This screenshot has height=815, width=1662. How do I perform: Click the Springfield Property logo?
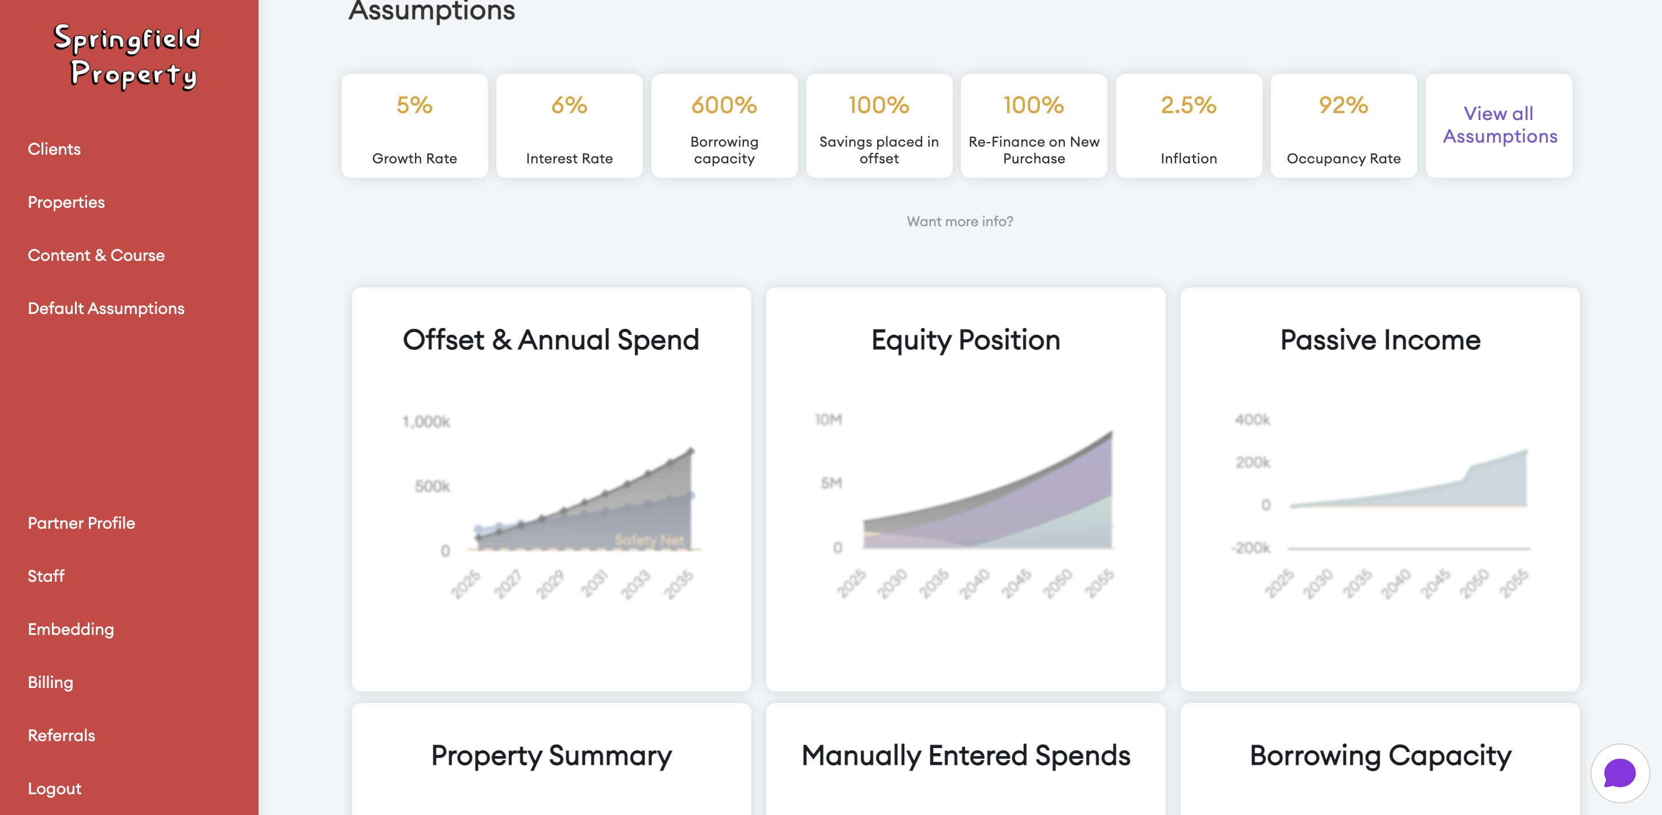(x=128, y=55)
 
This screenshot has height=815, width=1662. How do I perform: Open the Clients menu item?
(x=54, y=149)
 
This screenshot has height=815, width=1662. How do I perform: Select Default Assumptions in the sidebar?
(x=106, y=308)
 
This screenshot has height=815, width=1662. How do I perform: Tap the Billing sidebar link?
(x=50, y=682)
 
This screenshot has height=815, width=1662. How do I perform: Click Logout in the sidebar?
(x=54, y=788)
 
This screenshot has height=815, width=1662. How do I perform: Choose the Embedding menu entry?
(x=70, y=629)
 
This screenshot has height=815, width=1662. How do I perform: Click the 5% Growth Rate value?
(x=414, y=105)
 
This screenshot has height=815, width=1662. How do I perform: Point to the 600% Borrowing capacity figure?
(x=724, y=105)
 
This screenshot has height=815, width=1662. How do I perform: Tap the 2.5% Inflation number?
(x=1188, y=105)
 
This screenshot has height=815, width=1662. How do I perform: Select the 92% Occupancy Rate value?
(x=1343, y=105)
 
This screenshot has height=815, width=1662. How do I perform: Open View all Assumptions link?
(x=1499, y=125)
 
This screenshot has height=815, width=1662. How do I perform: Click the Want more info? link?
(x=959, y=221)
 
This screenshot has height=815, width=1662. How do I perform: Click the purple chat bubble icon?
(x=1619, y=773)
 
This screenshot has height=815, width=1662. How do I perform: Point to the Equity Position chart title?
(x=965, y=340)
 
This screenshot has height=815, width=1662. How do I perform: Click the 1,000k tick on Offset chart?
(x=426, y=421)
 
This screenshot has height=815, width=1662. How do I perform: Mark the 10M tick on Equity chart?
(x=829, y=420)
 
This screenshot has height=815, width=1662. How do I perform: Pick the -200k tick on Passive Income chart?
(x=1251, y=548)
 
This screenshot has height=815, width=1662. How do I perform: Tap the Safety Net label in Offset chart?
(x=649, y=540)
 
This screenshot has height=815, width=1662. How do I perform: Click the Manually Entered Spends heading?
(x=965, y=755)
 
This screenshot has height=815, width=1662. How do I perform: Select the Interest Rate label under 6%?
(x=569, y=159)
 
